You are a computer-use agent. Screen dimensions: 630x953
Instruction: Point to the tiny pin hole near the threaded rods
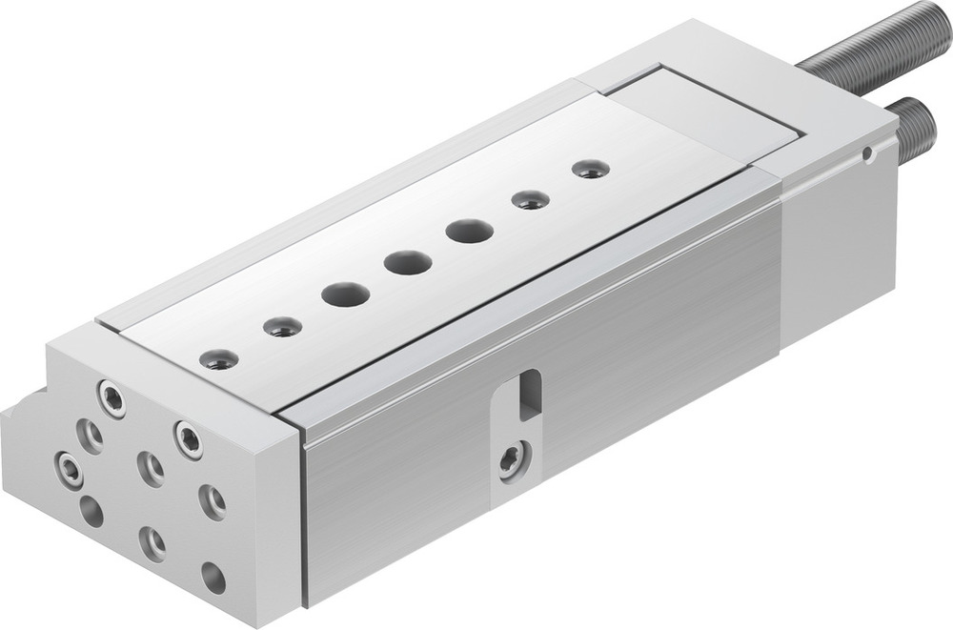(x=865, y=153)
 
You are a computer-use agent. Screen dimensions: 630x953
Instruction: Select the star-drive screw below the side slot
(x=512, y=460)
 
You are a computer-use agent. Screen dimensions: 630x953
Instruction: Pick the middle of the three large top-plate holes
(x=408, y=262)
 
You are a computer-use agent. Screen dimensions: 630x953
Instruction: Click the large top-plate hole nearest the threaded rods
(x=469, y=231)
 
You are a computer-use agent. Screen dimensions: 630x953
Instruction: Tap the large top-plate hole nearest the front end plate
(x=344, y=294)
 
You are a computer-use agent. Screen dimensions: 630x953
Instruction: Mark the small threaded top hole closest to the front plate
(x=220, y=359)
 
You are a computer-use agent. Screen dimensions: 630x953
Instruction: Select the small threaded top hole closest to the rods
(x=591, y=170)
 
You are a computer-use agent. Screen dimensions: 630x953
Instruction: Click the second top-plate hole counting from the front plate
(x=282, y=327)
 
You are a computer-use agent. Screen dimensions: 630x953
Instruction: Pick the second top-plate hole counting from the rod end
(x=530, y=200)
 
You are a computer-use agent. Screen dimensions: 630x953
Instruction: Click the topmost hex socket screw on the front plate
(x=112, y=398)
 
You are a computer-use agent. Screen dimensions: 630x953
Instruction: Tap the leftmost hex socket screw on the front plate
(x=70, y=468)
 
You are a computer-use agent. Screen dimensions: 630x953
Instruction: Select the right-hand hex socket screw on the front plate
(x=188, y=438)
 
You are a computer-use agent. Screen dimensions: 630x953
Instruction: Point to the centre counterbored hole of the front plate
(x=151, y=467)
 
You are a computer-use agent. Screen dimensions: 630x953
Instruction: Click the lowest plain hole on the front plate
(x=213, y=577)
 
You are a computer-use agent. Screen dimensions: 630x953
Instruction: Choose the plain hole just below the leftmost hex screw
(x=91, y=511)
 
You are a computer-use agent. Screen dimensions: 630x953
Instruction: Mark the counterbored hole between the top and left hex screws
(x=91, y=435)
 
